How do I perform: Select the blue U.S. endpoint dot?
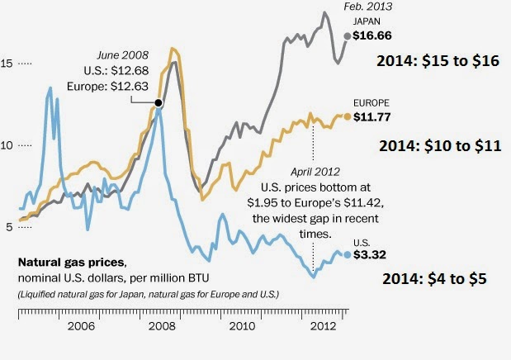click(348, 254)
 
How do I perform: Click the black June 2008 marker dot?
click(159, 102)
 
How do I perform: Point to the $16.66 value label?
click(371, 36)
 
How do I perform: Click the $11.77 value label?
click(371, 116)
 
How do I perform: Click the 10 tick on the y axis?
click(9, 144)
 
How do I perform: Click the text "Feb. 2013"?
click(368, 7)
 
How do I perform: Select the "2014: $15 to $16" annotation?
click(438, 61)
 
